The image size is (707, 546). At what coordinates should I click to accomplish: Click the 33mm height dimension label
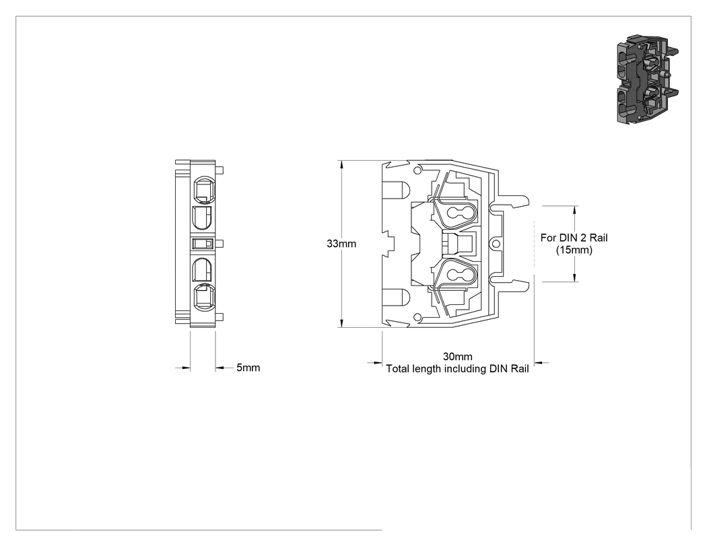click(341, 244)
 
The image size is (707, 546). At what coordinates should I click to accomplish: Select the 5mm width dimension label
click(248, 368)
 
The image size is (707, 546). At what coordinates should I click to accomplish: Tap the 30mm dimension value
click(457, 357)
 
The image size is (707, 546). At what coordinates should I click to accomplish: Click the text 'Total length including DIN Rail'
click(457, 369)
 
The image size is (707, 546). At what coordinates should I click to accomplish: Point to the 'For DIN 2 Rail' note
click(574, 238)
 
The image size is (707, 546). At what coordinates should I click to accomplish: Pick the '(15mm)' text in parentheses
click(574, 250)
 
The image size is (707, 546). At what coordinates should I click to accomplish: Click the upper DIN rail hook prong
click(512, 201)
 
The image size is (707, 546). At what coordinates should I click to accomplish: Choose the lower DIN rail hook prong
click(512, 286)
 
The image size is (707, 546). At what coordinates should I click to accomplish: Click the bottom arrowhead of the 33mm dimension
click(342, 323)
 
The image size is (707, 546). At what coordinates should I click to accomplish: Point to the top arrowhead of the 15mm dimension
click(575, 211)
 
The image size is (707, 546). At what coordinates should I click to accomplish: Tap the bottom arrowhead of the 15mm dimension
click(575, 277)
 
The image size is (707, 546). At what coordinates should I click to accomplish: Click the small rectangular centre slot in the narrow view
click(203, 244)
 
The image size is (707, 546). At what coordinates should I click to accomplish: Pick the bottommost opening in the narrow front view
click(203, 298)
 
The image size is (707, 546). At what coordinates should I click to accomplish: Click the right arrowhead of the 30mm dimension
click(539, 362)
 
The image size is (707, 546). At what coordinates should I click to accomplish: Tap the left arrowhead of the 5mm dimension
click(186, 368)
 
